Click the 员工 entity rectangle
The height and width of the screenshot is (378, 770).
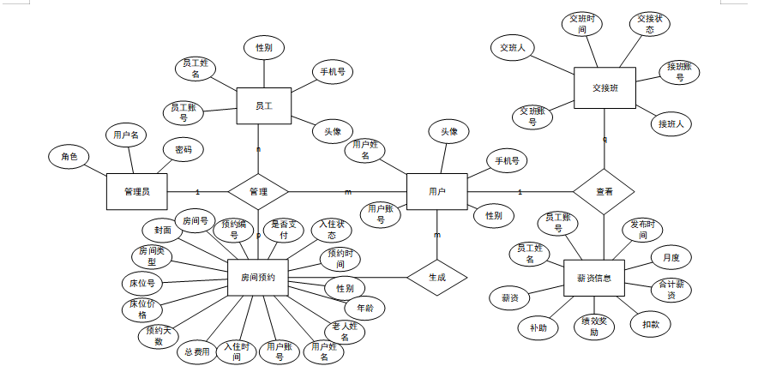[263, 106]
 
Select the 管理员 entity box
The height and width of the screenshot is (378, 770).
[136, 191]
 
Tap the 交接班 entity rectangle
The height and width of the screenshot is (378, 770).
[605, 88]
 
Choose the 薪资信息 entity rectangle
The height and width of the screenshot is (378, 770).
[594, 277]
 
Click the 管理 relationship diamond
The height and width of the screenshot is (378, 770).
[258, 191]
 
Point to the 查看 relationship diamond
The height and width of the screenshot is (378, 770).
[604, 191]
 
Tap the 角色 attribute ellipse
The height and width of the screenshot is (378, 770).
[69, 157]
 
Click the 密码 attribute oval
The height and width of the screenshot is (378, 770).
[183, 149]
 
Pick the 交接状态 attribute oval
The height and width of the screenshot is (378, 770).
[650, 25]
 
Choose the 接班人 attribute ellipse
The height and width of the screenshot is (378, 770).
[671, 124]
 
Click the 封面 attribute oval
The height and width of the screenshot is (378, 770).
[163, 230]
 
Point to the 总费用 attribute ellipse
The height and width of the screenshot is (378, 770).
[197, 351]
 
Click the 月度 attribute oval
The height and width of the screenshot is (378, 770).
[671, 256]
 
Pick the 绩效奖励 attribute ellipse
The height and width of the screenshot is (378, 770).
[594, 327]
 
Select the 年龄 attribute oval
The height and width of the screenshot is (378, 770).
[364, 306]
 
